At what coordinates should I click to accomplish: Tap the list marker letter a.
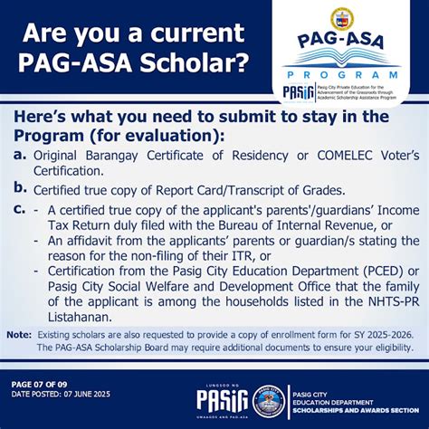[x=19, y=156]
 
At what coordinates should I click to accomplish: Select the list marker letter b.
[x=19, y=187]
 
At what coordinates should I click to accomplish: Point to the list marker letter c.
[x=19, y=210]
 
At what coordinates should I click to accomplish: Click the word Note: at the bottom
[x=19, y=334]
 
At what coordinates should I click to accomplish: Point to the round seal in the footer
[x=269, y=400]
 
